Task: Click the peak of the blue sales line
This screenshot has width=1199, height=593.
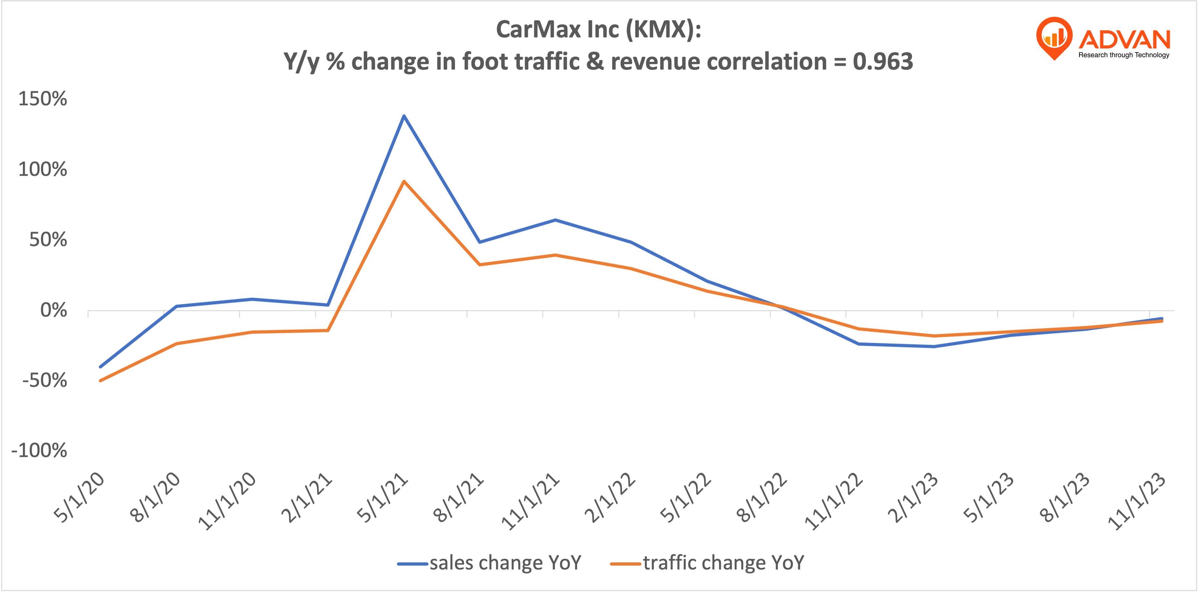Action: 403,116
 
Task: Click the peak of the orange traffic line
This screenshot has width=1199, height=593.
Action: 403,181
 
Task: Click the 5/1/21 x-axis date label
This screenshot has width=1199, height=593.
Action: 382,498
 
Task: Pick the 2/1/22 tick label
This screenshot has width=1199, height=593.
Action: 610,498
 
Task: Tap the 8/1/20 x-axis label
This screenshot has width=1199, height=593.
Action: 155,498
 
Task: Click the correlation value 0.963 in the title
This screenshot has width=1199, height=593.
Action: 883,62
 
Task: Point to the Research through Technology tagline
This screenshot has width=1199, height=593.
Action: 1124,55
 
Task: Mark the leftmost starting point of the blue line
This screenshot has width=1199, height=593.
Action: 101,367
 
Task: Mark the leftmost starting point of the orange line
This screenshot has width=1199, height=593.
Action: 101,381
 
